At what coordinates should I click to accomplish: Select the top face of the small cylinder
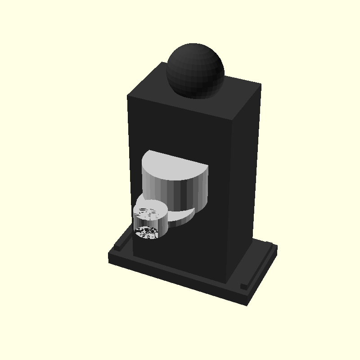pyautogui.click(x=150, y=208)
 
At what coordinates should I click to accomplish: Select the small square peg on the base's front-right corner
pyautogui.click(x=243, y=286)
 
